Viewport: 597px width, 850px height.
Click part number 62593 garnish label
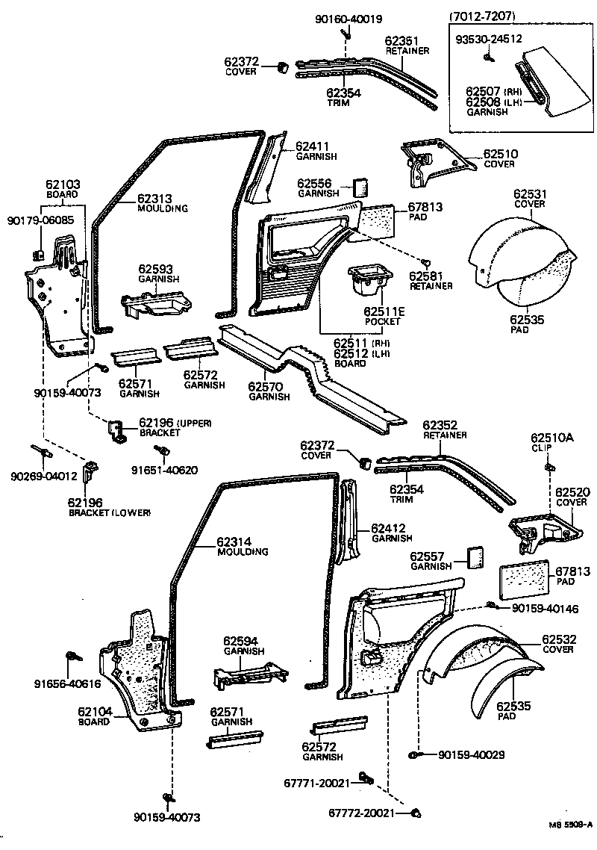pos(155,268)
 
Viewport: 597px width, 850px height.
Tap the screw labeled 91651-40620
pos(159,452)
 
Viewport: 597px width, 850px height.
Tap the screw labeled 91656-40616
pos(74,657)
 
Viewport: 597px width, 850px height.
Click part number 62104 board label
pos(94,712)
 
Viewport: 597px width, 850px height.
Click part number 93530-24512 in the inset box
pos(488,40)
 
